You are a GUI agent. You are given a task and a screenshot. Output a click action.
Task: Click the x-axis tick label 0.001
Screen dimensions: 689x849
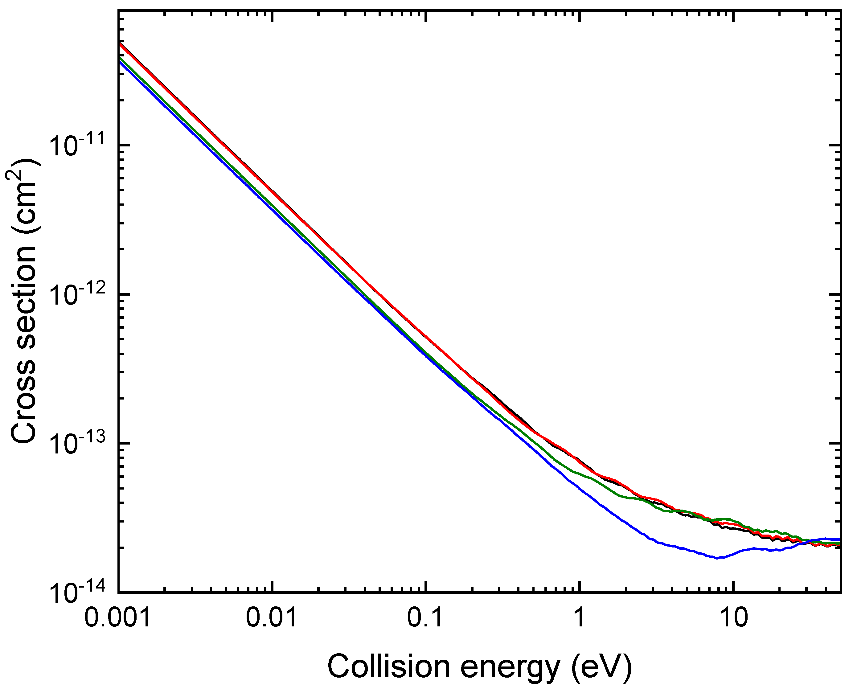coord(118,618)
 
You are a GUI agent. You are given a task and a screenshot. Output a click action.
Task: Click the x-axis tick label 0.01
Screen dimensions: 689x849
coord(272,618)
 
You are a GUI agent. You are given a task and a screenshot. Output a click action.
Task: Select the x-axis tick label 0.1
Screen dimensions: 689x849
coord(425,618)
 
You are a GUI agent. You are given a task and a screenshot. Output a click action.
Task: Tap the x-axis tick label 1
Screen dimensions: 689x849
coord(580,618)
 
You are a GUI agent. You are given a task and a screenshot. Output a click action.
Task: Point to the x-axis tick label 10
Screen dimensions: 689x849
coord(733,618)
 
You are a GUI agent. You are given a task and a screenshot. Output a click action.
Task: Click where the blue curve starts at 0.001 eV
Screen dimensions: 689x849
coord(119,61)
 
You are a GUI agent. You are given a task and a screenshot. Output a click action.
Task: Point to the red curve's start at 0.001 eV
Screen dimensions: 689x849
coord(119,44)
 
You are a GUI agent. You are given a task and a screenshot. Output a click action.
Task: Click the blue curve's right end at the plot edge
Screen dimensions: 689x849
coord(839,539)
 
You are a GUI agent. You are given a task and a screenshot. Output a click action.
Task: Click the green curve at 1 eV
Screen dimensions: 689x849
coord(580,474)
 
